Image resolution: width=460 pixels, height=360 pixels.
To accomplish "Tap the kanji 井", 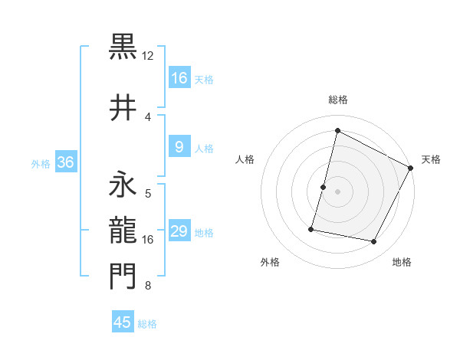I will tap(123, 106).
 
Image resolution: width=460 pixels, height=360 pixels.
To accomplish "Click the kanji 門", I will tap(123, 277).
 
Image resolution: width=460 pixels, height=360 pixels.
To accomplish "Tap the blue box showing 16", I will tap(179, 78).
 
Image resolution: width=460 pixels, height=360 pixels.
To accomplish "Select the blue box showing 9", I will tap(179, 148).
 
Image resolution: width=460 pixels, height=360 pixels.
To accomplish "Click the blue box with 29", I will tap(179, 232).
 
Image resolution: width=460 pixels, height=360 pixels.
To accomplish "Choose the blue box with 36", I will tap(66, 162).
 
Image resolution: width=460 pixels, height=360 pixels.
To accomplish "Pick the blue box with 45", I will tap(123, 322).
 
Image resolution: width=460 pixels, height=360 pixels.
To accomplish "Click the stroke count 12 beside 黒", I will tap(148, 56).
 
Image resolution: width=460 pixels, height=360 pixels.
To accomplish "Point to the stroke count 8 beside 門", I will tap(148, 286).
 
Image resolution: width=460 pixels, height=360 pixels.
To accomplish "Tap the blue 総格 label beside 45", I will tap(147, 324).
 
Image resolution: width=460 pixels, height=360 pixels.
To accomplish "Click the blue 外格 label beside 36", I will tap(41, 164).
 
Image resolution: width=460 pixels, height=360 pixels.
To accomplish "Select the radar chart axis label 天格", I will tap(431, 159).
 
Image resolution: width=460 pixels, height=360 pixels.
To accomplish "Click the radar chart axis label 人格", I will tap(245, 159).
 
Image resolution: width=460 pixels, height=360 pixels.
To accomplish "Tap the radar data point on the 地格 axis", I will tap(374, 242).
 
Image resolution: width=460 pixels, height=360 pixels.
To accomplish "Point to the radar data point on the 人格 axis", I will tap(323, 187).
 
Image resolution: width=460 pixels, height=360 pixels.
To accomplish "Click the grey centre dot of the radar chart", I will tap(337, 191).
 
